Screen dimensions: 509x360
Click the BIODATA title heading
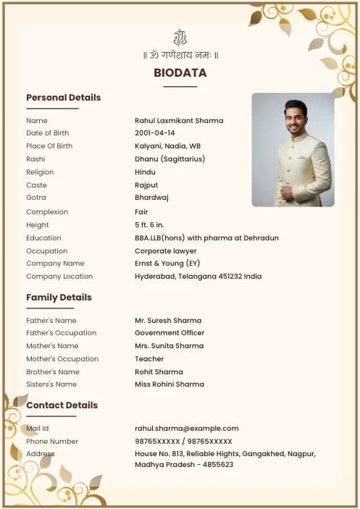180,73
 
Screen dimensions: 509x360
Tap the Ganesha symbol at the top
180,38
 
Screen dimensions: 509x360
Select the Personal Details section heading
63,98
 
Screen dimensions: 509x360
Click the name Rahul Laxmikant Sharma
179,121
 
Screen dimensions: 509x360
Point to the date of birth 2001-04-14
154,133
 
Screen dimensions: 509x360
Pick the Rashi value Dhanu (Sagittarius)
169,159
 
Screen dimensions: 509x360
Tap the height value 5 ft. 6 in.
149,225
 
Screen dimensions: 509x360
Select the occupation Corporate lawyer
166,251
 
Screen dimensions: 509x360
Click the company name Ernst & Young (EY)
167,264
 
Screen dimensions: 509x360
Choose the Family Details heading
59,298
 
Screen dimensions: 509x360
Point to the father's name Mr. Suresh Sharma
168,321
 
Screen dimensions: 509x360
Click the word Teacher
149,359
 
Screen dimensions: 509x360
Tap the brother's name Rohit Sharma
159,372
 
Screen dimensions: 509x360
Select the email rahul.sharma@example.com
186,429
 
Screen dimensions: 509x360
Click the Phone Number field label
52,442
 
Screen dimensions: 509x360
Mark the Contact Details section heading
62,405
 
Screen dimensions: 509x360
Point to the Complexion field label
47,212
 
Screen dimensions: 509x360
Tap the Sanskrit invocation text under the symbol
180,56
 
